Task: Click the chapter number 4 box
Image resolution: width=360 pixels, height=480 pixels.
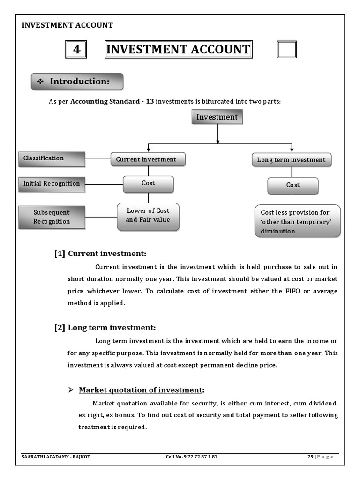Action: pyautogui.click(x=76, y=50)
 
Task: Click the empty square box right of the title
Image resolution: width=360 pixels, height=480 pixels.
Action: pyautogui.click(x=286, y=50)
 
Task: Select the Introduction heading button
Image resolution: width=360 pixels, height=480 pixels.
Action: pyautogui.click(x=77, y=82)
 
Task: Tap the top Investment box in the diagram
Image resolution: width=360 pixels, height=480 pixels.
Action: pyautogui.click(x=217, y=117)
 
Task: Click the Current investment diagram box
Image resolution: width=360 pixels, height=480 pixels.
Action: pyautogui.click(x=148, y=159)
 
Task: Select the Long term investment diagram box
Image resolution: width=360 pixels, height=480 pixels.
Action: pyautogui.click(x=291, y=160)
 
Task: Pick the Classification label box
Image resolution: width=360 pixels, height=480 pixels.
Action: pyautogui.click(x=52, y=159)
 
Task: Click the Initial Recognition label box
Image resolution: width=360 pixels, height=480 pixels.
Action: pyautogui.click(x=52, y=184)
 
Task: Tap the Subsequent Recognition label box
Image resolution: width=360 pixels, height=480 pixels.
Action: pyautogui.click(x=52, y=217)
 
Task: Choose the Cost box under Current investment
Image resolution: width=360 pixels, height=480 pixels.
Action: pyautogui.click(x=148, y=184)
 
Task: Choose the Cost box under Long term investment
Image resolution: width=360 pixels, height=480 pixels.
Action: pyautogui.click(x=293, y=185)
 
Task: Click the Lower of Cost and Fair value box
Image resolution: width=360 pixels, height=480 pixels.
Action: pyautogui.click(x=148, y=216)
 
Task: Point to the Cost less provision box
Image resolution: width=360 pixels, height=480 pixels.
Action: pyautogui.click(x=298, y=221)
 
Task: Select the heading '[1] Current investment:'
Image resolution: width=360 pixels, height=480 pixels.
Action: pyautogui.click(x=100, y=254)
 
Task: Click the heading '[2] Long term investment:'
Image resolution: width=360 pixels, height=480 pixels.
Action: pyautogui.click(x=105, y=328)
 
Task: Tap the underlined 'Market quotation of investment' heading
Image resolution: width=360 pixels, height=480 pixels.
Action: pyautogui.click(x=141, y=390)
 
